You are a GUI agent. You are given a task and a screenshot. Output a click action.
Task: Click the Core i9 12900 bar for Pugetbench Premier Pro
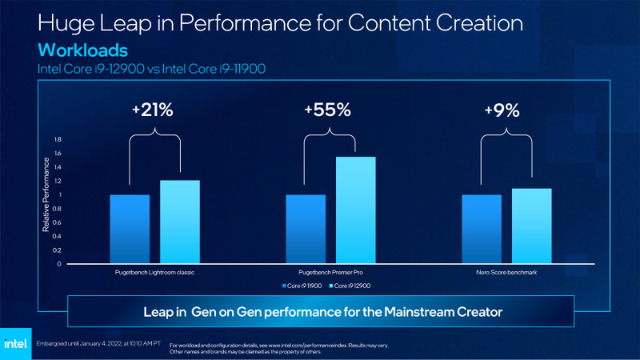tap(356, 210)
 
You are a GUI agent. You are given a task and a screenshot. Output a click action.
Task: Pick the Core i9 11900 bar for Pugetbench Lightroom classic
tap(130, 229)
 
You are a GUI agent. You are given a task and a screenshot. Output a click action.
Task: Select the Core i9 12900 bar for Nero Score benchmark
tap(532, 226)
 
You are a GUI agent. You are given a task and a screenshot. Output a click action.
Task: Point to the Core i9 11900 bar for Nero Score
tap(482, 229)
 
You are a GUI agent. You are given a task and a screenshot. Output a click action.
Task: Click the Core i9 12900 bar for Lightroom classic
tap(180, 222)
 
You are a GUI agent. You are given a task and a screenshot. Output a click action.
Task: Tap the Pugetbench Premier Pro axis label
tap(330, 273)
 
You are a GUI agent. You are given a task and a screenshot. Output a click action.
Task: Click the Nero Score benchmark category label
tap(506, 273)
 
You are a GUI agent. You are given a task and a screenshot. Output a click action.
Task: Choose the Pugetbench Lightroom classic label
tap(154, 273)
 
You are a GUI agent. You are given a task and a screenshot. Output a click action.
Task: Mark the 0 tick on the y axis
tap(58, 263)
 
